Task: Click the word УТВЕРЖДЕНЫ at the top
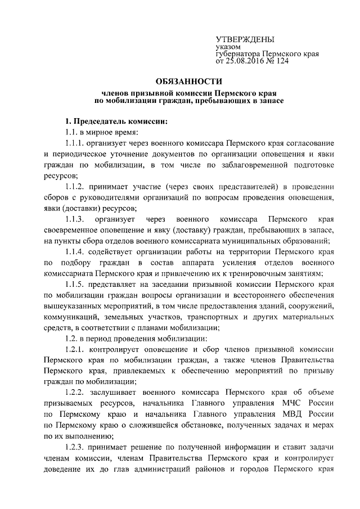click(245, 39)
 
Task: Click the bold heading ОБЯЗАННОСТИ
click(181, 81)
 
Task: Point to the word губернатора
click(238, 54)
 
